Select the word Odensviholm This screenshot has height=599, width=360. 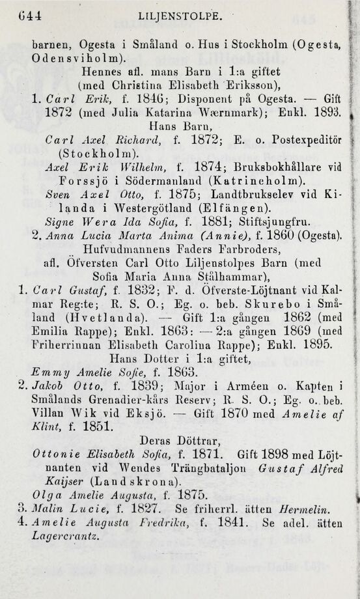click(x=64, y=58)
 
